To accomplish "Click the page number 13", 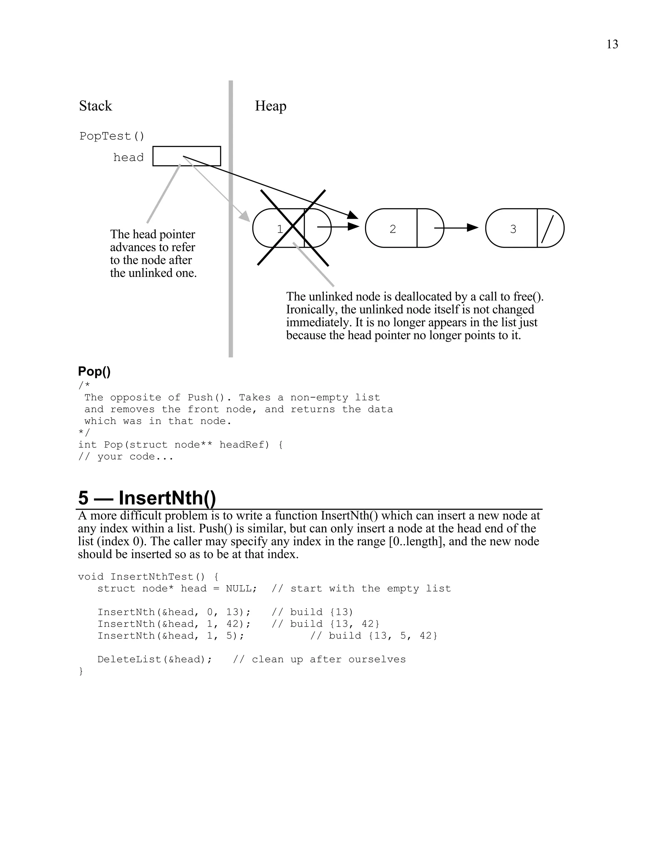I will point(612,44).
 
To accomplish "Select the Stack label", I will point(95,106).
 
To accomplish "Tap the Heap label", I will point(270,106).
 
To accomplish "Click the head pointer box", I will point(186,156).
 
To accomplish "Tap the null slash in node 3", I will point(547,229).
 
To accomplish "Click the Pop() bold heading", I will point(94,371).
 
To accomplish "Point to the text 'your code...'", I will point(135,456).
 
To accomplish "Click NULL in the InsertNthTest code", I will point(239,589).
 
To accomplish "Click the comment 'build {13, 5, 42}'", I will point(383,635).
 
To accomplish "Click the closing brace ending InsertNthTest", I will point(81,671).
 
